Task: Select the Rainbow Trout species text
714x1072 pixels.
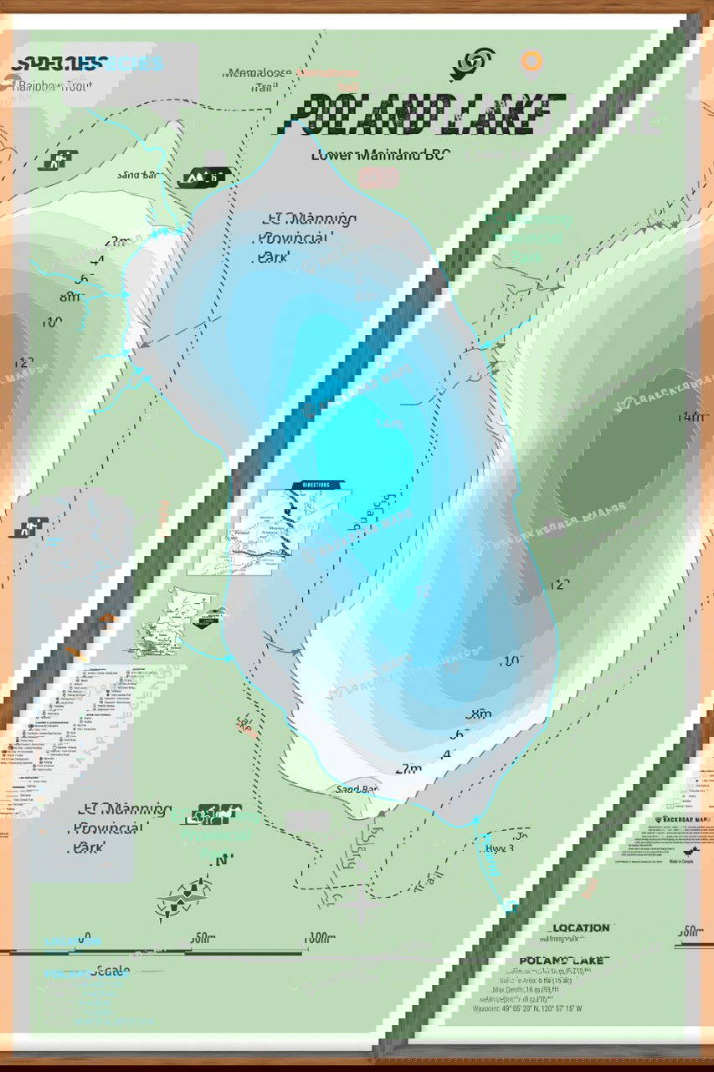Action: pos(62,83)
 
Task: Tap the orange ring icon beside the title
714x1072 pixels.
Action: pos(531,61)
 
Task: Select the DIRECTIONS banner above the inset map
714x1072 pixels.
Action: pos(311,485)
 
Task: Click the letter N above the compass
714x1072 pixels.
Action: pos(222,860)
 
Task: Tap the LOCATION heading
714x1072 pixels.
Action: pos(580,928)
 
